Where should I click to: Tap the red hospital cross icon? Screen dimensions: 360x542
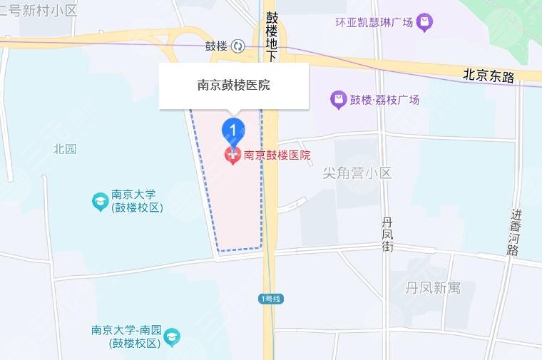coord(232,154)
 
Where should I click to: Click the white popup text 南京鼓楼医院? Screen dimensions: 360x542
coord(233,86)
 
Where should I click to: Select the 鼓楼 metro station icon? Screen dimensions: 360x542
coord(237,46)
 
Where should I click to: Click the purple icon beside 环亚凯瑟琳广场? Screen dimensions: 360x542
coord(425,23)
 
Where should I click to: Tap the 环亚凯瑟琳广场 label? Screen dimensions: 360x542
coord(374,23)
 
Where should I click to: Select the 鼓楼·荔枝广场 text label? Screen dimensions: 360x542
coord(384,100)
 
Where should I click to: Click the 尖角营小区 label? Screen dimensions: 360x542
coord(357,173)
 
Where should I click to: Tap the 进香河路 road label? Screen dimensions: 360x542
coord(514,232)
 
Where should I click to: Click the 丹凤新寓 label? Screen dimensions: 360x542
coord(433,288)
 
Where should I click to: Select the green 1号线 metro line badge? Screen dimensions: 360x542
coord(271,298)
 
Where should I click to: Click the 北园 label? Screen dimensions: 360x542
coord(64,149)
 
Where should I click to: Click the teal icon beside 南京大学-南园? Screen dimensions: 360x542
coord(172,336)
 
